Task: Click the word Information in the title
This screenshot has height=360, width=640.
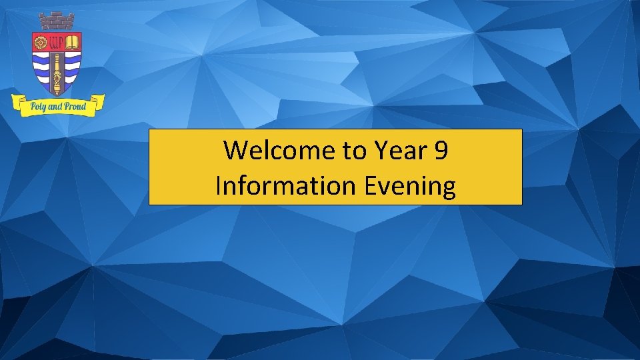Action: pos(287,185)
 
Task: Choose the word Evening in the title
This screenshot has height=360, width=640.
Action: pos(411,185)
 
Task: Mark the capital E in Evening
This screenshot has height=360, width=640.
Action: pos(371,185)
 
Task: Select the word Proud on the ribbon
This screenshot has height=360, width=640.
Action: pos(75,106)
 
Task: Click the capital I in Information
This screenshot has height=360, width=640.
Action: pos(219,185)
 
